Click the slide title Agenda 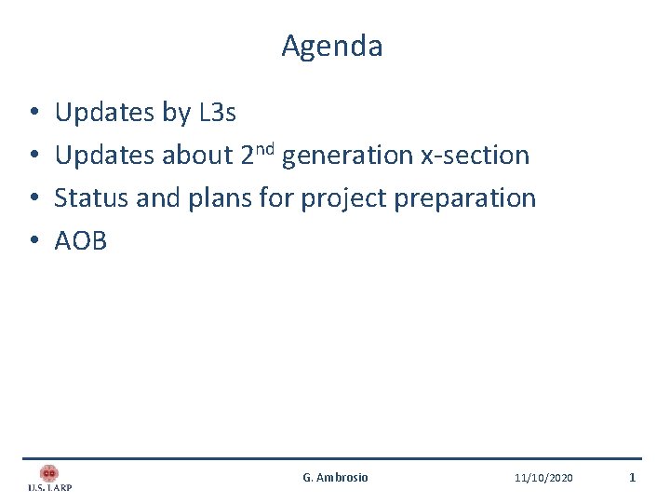point(332,46)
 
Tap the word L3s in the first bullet point(218,113)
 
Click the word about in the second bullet point(197,156)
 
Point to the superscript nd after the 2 point(265,148)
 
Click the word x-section point(475,156)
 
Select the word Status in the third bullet point(88,198)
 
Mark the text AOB point(81,241)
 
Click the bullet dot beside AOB point(33,242)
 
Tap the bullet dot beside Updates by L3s point(33,114)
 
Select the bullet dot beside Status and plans point(33,199)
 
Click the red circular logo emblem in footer point(49,473)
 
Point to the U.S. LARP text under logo point(49,487)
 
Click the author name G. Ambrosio point(335,478)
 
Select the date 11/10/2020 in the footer point(543,478)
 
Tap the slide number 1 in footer point(632,478)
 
